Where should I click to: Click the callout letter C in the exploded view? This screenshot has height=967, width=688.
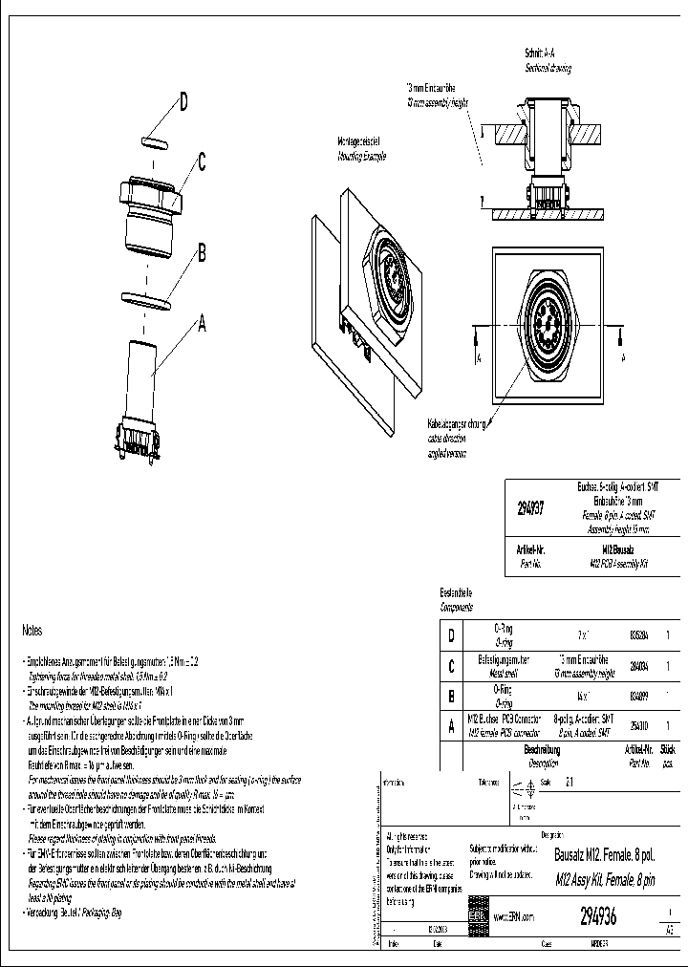(203, 162)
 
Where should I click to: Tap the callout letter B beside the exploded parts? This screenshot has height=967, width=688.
(202, 253)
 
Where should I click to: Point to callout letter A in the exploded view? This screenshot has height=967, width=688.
(201, 323)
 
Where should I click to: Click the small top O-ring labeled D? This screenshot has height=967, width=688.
(154, 142)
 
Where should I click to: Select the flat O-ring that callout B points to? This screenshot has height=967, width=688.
(146, 300)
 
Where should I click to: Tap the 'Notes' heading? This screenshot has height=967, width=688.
(32, 631)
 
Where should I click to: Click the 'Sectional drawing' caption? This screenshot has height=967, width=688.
(548, 69)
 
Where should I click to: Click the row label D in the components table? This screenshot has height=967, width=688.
(450, 634)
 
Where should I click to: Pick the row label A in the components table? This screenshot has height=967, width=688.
(450, 726)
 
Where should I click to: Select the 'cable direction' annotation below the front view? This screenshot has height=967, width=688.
(448, 437)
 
